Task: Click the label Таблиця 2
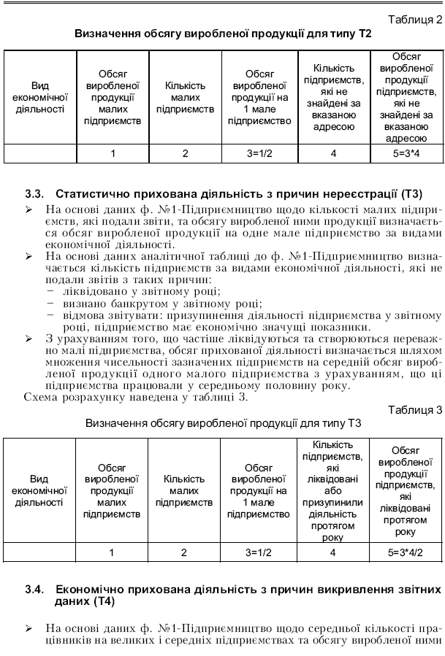click(413, 20)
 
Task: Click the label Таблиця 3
click(413, 409)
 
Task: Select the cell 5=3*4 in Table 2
click(406, 153)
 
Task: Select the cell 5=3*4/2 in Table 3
click(406, 552)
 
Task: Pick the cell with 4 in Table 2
click(333, 153)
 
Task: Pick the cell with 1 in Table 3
click(113, 552)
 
